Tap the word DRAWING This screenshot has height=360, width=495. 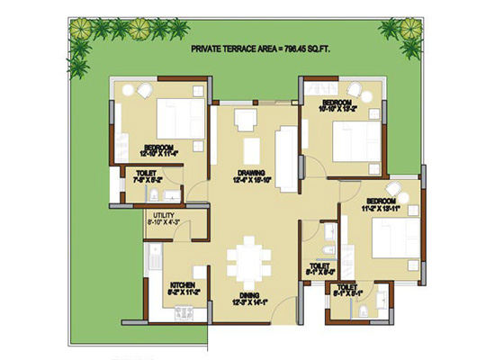click(250, 174)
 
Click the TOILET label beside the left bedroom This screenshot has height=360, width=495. click(145, 173)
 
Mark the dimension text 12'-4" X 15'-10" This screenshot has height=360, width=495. click(250, 182)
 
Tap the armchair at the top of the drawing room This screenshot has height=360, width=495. click(245, 120)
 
